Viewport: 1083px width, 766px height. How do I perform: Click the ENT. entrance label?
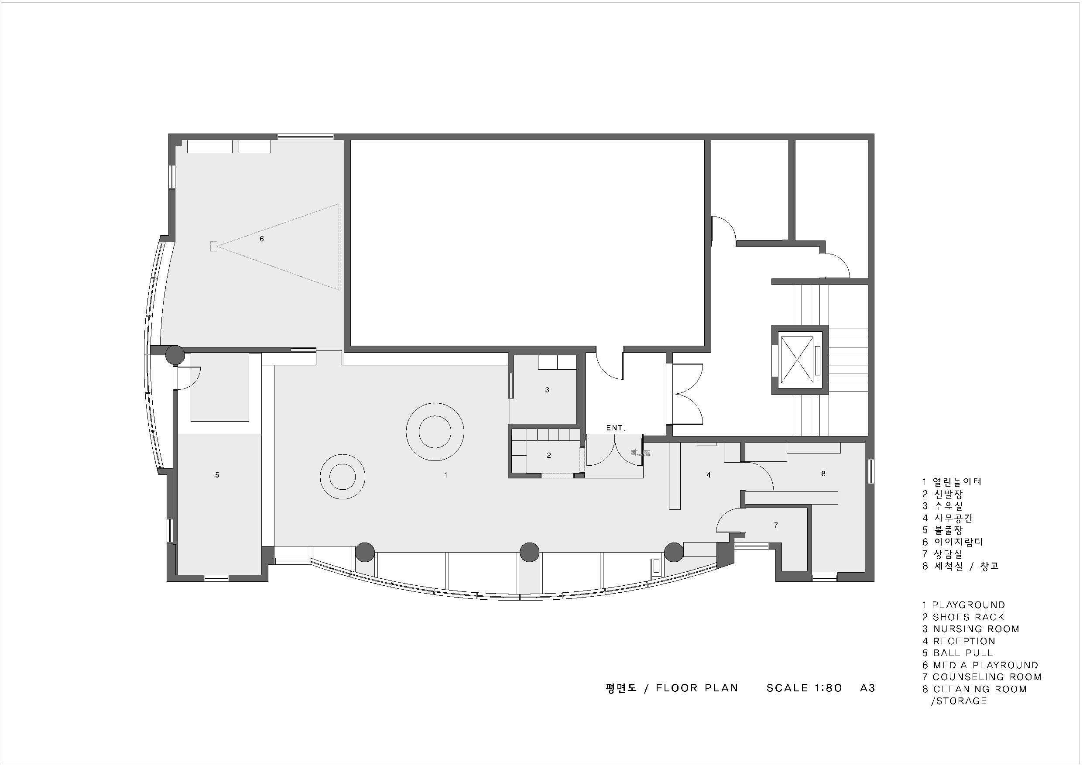pyautogui.click(x=616, y=428)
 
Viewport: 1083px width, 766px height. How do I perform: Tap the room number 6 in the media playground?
pyautogui.click(x=262, y=239)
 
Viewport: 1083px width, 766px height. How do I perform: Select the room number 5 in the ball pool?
pyautogui.click(x=217, y=475)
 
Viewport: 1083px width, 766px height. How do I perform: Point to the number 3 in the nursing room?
pyautogui.click(x=547, y=390)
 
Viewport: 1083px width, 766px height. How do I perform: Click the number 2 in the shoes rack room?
pyautogui.click(x=548, y=455)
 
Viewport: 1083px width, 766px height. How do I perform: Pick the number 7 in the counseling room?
pyautogui.click(x=776, y=525)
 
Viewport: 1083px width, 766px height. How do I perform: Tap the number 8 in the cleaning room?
pyautogui.click(x=823, y=474)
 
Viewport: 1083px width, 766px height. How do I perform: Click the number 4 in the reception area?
pyautogui.click(x=709, y=475)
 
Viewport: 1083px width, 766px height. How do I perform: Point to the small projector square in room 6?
pyautogui.click(x=214, y=246)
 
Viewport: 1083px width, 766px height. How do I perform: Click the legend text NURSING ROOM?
pyautogui.click(x=977, y=629)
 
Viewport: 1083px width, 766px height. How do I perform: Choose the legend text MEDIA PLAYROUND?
pyautogui.click(x=986, y=665)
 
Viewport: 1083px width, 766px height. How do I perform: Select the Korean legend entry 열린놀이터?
pyautogui.click(x=957, y=482)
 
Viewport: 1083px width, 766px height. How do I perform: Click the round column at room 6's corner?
pyautogui.click(x=175, y=354)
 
